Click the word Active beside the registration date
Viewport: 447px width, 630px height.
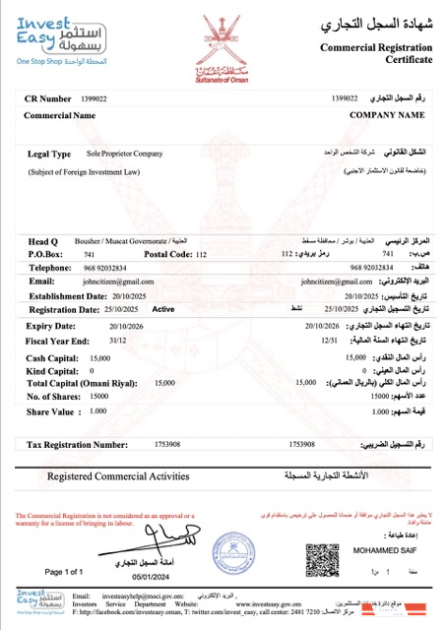163,308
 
